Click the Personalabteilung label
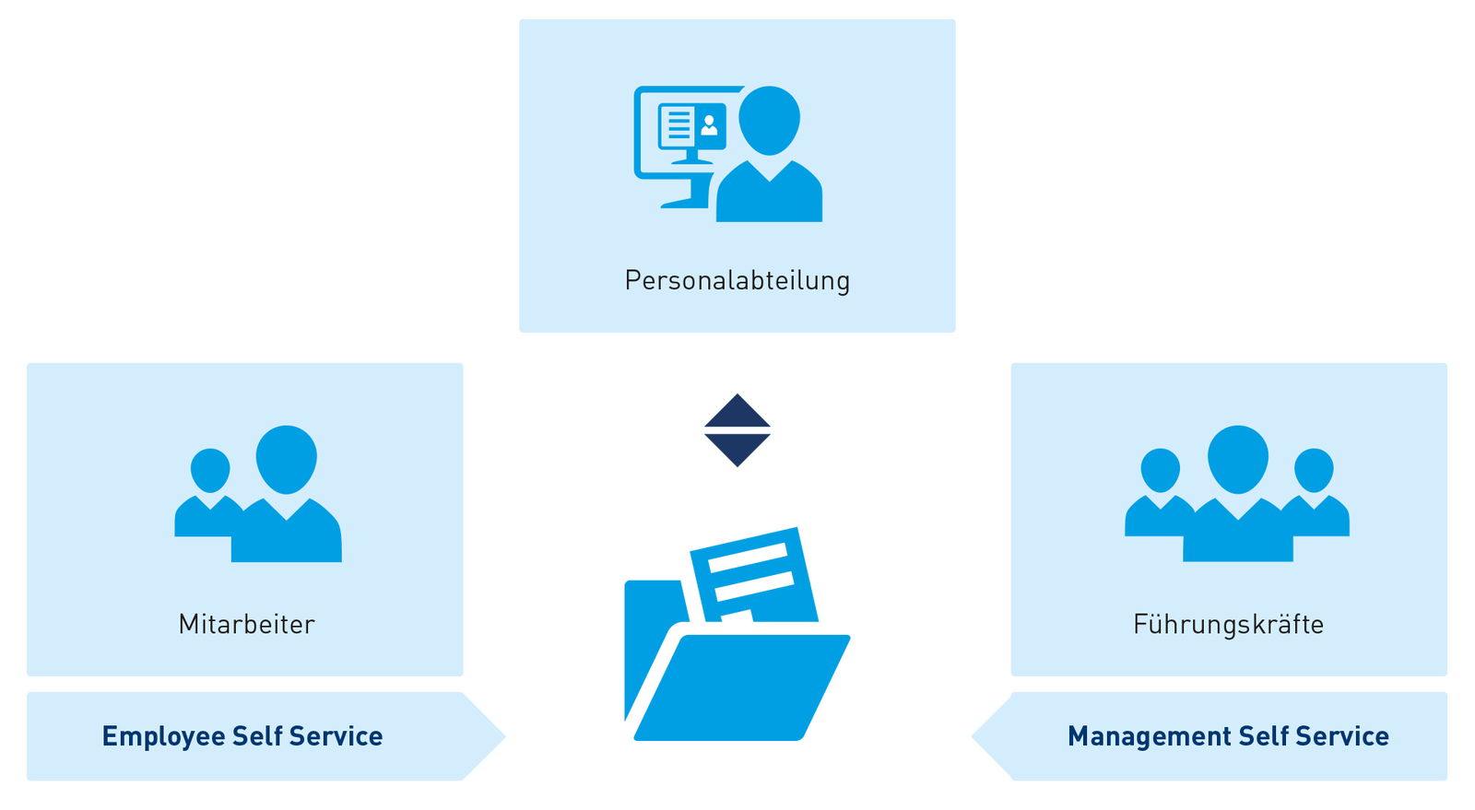(x=737, y=280)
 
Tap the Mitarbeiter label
(x=246, y=624)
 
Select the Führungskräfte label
(x=1228, y=624)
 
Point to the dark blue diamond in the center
(x=737, y=429)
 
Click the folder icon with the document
(x=737, y=682)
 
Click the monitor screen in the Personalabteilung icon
(x=691, y=126)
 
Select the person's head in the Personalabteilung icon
(x=769, y=120)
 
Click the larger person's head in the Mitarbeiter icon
(x=286, y=458)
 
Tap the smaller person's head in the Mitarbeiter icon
(x=210, y=470)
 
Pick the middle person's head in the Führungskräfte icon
(x=1237, y=458)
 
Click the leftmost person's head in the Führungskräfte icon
(x=1160, y=470)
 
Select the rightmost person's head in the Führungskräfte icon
(x=1314, y=470)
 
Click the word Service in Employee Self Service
(x=336, y=736)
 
